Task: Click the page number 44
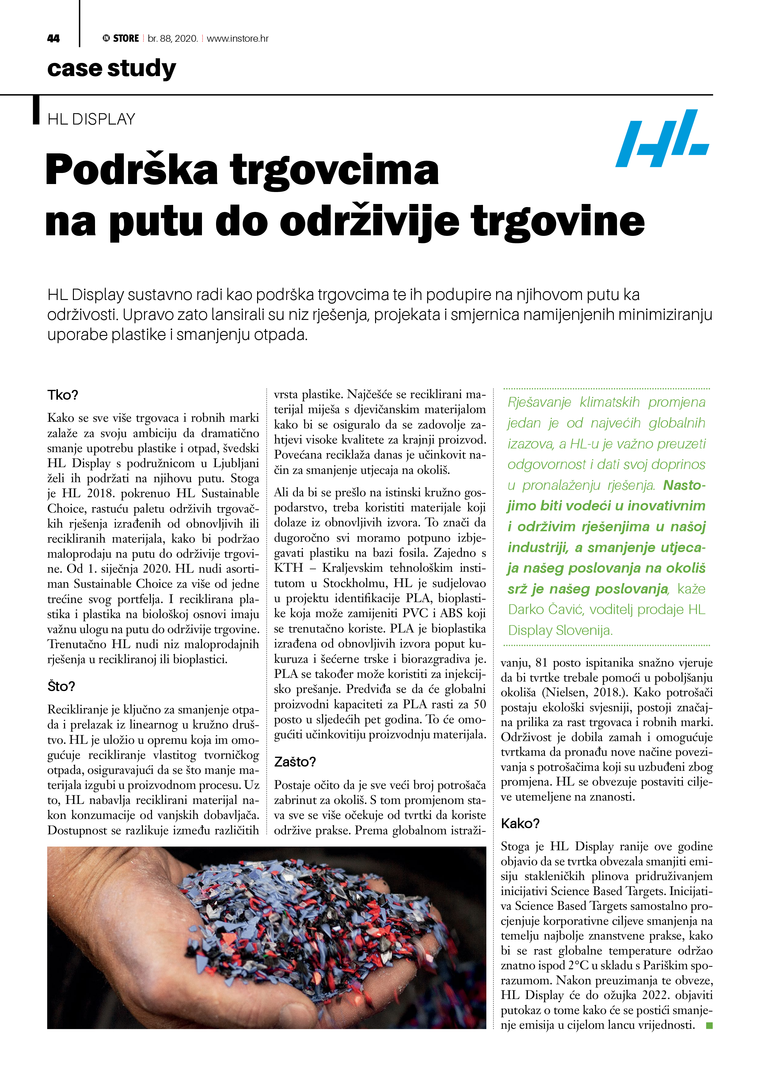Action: click(53, 38)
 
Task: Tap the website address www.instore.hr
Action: click(237, 38)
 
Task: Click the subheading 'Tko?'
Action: click(62, 395)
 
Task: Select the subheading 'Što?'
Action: click(61, 686)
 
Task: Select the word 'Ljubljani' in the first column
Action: click(236, 463)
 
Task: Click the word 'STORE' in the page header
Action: click(126, 38)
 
